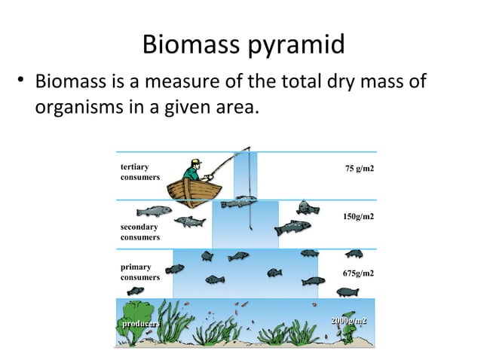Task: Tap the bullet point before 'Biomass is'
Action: coord(23,80)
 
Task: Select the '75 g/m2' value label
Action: coord(359,169)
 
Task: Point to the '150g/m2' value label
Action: coord(358,217)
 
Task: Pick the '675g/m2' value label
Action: coord(358,273)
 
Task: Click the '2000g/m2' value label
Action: coord(348,322)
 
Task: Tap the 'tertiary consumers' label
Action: coord(139,172)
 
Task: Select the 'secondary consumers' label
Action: coord(139,232)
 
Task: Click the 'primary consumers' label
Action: coord(139,272)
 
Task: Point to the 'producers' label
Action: coord(139,322)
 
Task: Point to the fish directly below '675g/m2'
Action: coord(348,291)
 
